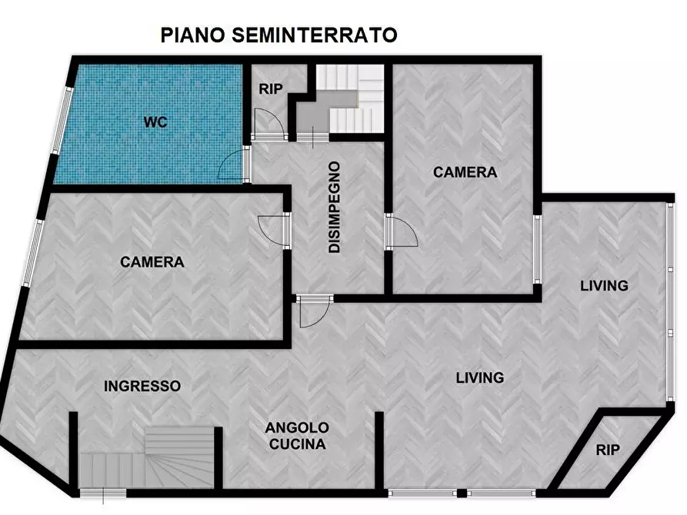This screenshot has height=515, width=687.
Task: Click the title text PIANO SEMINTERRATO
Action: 278,35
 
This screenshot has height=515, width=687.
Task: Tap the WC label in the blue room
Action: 155,122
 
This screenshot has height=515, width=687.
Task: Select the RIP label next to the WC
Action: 270,89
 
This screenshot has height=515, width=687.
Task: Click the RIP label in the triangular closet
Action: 607,450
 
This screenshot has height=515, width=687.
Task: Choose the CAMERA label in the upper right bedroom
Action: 465,172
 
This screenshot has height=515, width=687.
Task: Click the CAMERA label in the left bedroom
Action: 152,262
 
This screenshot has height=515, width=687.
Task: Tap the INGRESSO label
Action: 142,386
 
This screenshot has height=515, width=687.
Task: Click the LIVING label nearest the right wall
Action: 604,286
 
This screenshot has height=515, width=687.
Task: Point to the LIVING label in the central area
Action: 479,377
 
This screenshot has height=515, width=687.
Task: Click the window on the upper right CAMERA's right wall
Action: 538,250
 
